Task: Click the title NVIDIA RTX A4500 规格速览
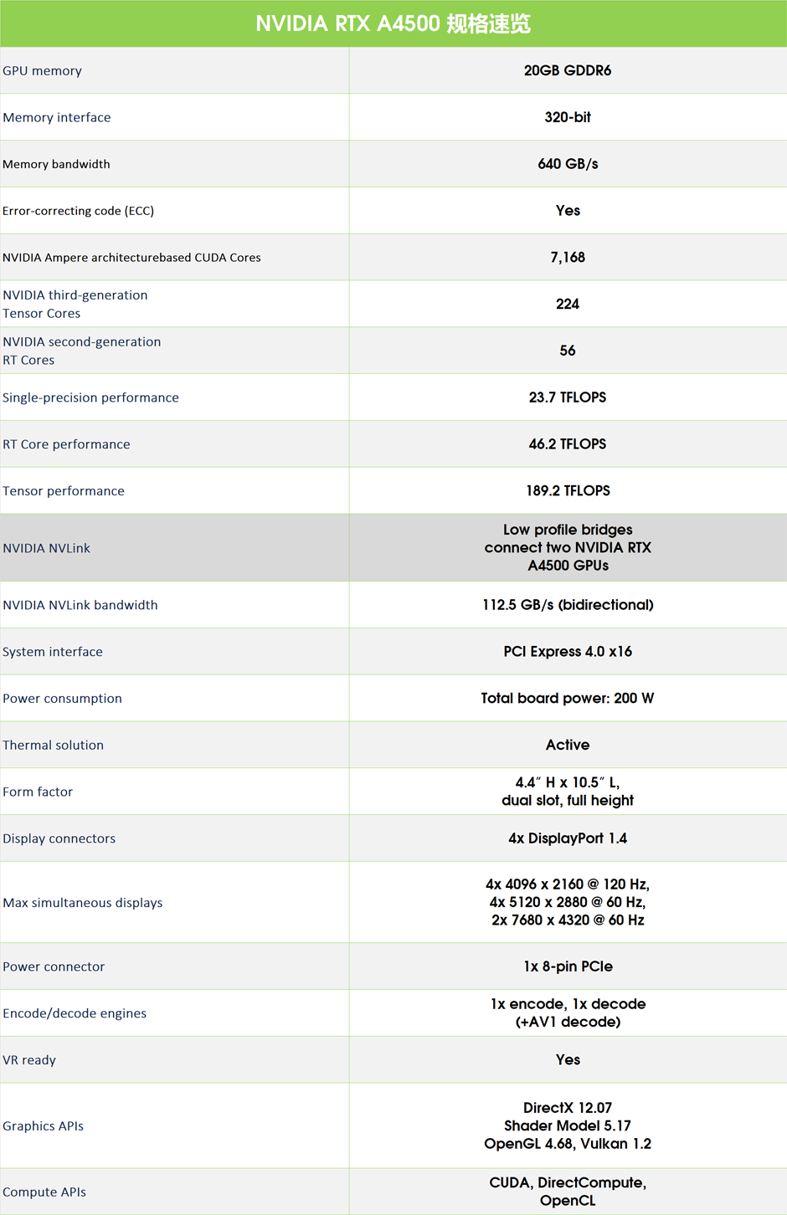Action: click(x=393, y=23)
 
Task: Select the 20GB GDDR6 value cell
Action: click(x=568, y=70)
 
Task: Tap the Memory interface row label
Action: click(x=57, y=117)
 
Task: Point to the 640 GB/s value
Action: click(x=568, y=164)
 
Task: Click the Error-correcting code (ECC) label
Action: click(x=78, y=211)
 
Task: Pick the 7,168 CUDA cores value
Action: click(x=568, y=257)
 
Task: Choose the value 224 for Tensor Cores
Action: click(x=568, y=304)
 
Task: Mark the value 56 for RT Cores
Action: click(x=568, y=351)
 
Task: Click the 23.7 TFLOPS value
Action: click(x=568, y=397)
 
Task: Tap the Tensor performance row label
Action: click(x=64, y=491)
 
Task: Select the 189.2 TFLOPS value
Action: click(x=568, y=491)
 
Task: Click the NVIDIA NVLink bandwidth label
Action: click(x=80, y=605)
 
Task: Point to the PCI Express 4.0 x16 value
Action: click(x=568, y=652)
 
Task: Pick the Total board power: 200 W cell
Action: click(x=568, y=699)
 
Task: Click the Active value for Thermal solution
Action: click(x=568, y=745)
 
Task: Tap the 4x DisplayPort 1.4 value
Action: click(x=568, y=838)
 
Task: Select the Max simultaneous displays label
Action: click(x=83, y=903)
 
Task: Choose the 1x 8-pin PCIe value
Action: click(x=568, y=966)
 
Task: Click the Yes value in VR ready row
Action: click(x=568, y=1060)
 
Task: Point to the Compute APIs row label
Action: click(x=44, y=1192)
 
